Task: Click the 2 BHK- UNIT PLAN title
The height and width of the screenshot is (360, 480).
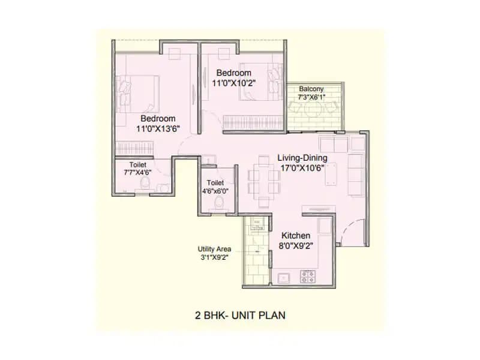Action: pos(240,314)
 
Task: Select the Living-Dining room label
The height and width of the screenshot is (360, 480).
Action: pos(301,158)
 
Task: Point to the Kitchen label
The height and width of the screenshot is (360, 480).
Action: pos(296,236)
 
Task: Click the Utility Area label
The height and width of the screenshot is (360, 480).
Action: pos(213,249)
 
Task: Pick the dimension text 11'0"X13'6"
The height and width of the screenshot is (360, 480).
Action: pos(158,128)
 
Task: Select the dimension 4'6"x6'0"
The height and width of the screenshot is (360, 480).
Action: pos(215,191)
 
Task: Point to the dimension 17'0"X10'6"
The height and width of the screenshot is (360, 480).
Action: pos(301,168)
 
